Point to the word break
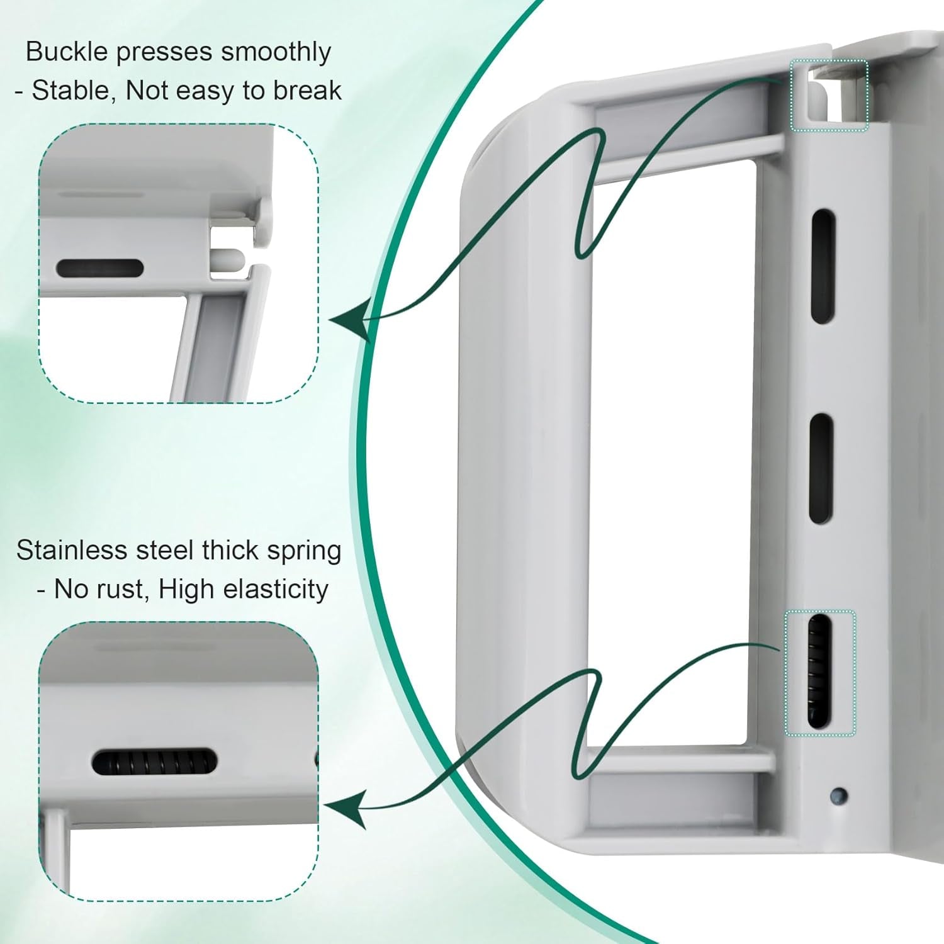(307, 91)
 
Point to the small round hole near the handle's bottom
(838, 795)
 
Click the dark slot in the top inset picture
(100, 268)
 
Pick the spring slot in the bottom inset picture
(155, 763)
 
